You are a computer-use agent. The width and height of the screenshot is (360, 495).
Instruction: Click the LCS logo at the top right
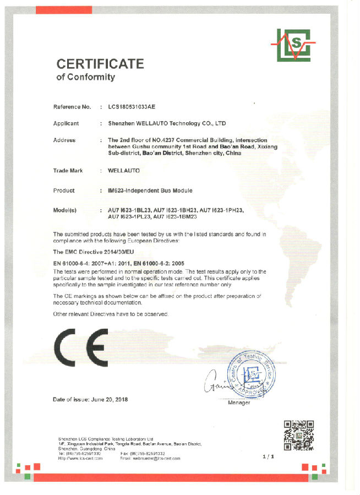[293, 44]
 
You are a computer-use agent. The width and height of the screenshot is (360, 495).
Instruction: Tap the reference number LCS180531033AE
[135, 106]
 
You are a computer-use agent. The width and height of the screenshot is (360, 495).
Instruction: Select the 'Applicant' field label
[66, 123]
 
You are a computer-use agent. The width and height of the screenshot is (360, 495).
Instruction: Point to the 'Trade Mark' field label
[68, 171]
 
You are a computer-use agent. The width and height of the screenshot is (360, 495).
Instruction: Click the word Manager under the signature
[238, 402]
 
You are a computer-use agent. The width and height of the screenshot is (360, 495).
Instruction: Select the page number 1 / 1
[269, 456]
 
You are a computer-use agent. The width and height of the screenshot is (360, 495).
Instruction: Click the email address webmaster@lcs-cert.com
[149, 458]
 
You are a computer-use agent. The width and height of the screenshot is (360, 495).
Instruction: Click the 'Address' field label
[64, 140]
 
